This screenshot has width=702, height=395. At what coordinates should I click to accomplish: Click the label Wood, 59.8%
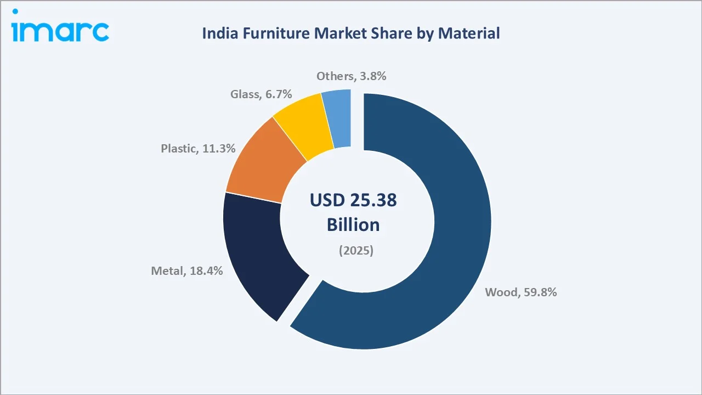coord(520,292)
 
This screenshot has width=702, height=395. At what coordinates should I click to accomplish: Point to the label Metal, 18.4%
coord(186,270)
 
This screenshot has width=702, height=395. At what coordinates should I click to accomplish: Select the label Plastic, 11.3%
coord(198,148)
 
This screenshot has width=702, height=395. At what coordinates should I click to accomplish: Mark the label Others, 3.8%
coord(351,76)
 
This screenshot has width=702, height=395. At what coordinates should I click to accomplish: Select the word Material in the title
coord(472,33)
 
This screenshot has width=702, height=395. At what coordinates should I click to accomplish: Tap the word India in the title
coord(218,33)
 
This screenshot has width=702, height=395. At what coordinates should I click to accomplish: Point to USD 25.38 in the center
coord(353,200)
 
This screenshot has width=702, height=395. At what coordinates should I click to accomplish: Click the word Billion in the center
coord(353,225)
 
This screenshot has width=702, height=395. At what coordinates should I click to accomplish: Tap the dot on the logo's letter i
coord(16,12)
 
